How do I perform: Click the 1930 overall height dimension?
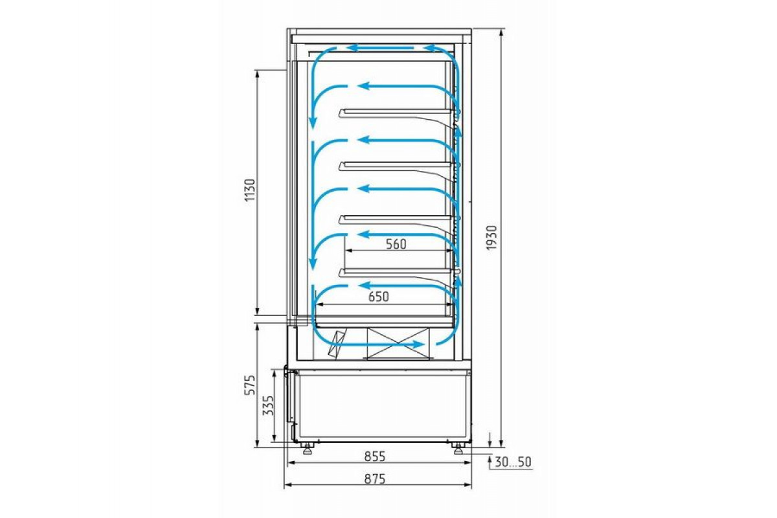point(491,238)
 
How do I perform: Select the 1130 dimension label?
point(250,190)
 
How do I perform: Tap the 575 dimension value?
point(250,385)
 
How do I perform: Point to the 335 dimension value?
point(268,405)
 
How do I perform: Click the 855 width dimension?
point(375,456)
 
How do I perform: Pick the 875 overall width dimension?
point(375,479)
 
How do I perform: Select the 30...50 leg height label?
point(513,462)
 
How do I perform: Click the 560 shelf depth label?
point(396,244)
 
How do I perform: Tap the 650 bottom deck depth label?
point(378,297)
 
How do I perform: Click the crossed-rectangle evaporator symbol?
point(398,343)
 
